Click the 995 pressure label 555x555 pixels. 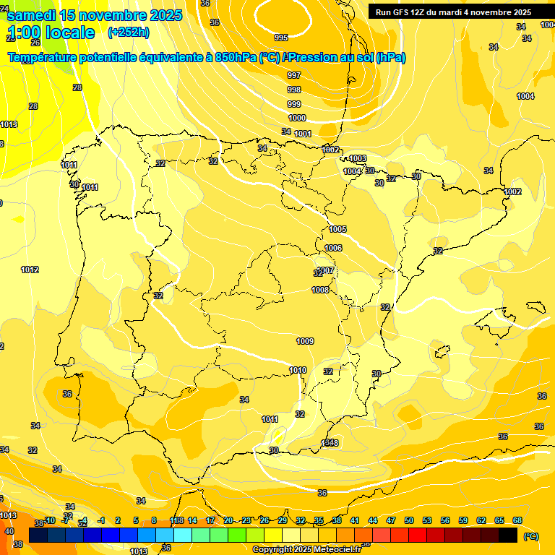click(281, 38)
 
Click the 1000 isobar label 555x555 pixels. click(297, 118)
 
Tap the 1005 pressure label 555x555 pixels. click(337, 229)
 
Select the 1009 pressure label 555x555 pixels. click(305, 341)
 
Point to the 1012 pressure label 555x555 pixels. click(30, 270)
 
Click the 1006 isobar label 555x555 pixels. click(333, 248)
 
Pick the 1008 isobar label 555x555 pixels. click(320, 290)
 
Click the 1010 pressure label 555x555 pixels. click(298, 370)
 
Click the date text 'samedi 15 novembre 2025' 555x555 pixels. click(95, 15)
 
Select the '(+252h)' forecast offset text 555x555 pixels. click(129, 33)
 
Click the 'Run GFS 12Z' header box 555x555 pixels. click(453, 12)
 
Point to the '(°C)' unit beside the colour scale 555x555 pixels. click(531, 536)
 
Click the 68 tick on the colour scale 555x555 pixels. click(517, 520)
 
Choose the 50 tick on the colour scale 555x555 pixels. click(409, 520)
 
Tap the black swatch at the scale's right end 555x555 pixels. click(508, 535)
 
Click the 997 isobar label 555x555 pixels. click(294, 75)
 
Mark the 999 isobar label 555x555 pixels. click(294, 104)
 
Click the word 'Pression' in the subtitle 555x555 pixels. click(312, 58)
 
